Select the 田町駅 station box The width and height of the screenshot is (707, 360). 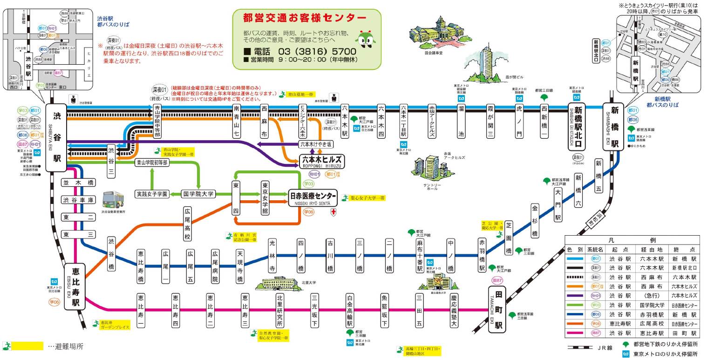pos(497,310)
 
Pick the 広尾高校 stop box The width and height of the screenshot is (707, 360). pos(187,224)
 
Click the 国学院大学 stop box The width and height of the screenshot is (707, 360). pos(197,194)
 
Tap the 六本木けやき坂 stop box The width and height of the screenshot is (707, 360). pos(316,144)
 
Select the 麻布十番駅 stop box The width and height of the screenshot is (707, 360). pos(420,255)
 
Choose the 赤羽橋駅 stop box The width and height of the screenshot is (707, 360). pos(482,255)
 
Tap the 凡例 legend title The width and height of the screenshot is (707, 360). pos(632,240)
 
